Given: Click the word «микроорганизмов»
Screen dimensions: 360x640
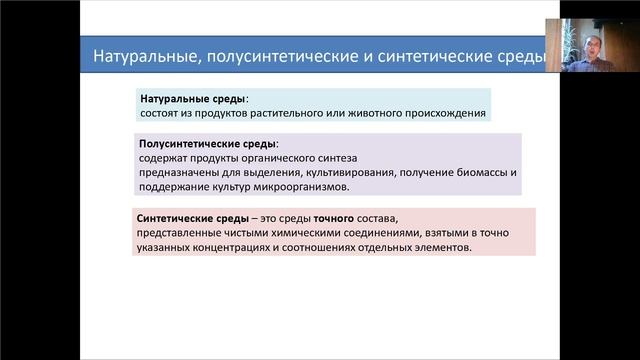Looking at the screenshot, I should [x=301, y=187].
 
